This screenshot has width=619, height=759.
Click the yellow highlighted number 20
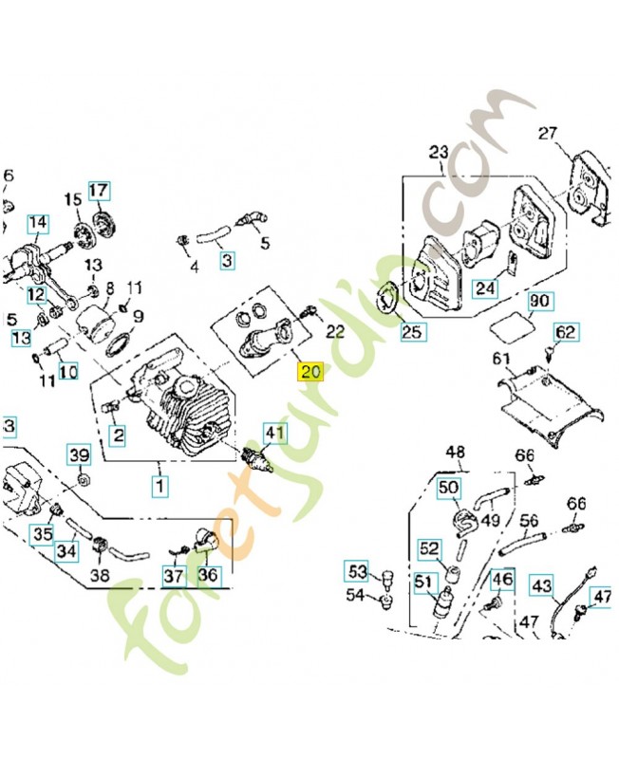[311, 372]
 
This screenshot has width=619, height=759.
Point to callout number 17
[99, 191]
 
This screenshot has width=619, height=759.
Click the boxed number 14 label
[37, 225]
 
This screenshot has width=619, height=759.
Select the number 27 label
[548, 133]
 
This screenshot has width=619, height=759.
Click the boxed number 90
[539, 302]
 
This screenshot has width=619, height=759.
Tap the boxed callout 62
[565, 332]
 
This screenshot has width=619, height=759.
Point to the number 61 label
[501, 359]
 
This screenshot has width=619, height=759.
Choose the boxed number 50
[448, 489]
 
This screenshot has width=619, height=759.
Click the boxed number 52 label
[430, 548]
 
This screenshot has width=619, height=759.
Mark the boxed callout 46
[501, 580]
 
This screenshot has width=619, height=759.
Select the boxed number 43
[541, 586]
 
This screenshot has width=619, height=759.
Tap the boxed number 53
[357, 571]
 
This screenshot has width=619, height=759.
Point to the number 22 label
[335, 331]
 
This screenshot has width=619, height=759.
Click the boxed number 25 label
[413, 332]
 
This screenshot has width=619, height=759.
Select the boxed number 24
[485, 288]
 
